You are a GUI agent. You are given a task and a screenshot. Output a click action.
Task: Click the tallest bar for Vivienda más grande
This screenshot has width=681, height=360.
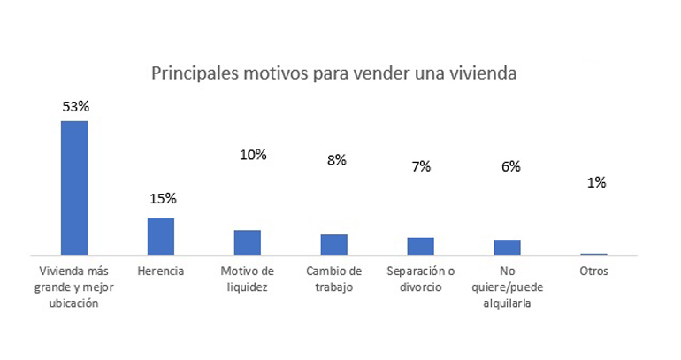[73, 188]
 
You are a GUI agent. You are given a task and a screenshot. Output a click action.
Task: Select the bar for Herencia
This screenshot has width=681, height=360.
[160, 236]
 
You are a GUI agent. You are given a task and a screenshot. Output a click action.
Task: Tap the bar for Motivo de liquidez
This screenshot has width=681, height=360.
[247, 242]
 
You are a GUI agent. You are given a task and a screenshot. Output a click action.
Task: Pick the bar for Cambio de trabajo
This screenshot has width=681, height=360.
[333, 244]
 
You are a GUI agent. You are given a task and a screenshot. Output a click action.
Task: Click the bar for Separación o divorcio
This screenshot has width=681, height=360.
[420, 246]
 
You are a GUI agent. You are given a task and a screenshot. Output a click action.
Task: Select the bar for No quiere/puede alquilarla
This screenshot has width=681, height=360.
[507, 247]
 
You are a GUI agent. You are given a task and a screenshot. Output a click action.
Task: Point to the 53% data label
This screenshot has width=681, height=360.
[76, 106]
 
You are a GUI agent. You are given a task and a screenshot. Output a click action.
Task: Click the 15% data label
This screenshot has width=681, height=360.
[163, 198]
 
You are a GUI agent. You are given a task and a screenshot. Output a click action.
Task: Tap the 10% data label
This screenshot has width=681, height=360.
[253, 155]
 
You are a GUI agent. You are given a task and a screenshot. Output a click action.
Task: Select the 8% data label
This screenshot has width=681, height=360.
[336, 160]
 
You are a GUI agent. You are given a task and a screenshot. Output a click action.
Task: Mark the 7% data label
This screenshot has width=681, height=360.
[421, 166]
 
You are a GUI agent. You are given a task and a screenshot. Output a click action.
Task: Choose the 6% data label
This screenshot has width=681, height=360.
[510, 166]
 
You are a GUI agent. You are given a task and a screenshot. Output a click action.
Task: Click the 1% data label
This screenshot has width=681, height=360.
[596, 182]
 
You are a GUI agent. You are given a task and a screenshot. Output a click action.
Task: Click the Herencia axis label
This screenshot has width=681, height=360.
[161, 272]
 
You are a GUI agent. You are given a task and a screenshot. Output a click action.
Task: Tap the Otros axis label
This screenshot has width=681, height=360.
[593, 272]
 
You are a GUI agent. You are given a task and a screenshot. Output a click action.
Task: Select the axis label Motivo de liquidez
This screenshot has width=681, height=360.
[248, 279]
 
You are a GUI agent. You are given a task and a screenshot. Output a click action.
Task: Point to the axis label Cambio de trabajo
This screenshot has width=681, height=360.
[334, 279]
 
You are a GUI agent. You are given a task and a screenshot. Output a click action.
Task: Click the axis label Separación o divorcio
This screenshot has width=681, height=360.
[421, 279]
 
